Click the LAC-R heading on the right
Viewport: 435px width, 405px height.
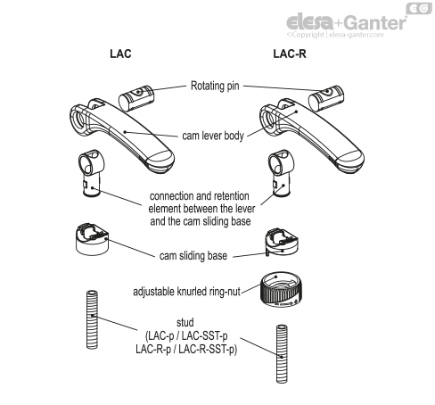point(291,54)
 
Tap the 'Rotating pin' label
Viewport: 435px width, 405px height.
point(217,87)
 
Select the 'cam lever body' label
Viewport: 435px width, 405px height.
point(213,130)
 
